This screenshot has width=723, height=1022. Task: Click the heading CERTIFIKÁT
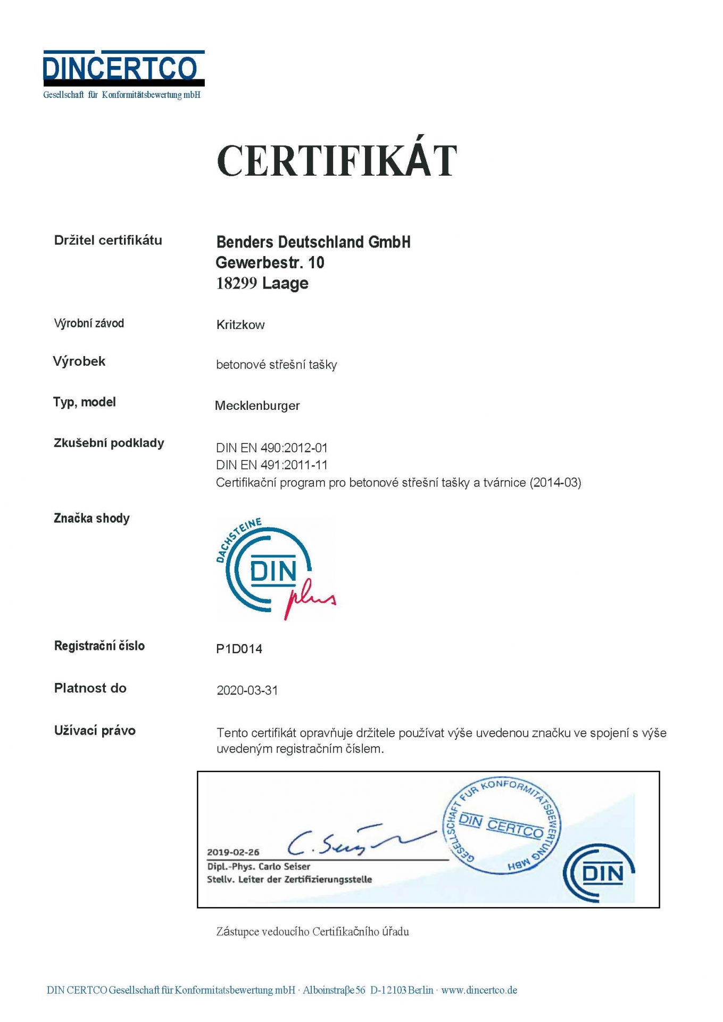[x=337, y=160]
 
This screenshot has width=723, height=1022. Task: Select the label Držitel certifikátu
[x=108, y=241]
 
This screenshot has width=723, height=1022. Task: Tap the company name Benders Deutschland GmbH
[x=313, y=242]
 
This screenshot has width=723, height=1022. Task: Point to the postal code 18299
[x=236, y=283]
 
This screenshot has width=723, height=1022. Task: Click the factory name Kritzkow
[x=240, y=325]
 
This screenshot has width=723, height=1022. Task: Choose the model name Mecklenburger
[x=257, y=406]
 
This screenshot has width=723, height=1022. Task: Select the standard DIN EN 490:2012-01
[x=272, y=448]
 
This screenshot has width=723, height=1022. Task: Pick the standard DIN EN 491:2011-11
[x=272, y=465]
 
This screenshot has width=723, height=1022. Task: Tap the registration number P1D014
[x=239, y=649]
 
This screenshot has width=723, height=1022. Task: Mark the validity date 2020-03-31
[x=247, y=690]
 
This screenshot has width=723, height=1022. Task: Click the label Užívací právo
[x=95, y=731]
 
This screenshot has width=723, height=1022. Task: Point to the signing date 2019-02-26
[x=233, y=852]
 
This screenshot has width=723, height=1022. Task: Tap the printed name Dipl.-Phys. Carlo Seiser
[x=259, y=867]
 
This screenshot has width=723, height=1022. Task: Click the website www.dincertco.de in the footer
[x=479, y=990]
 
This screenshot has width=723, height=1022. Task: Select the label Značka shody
[x=92, y=518]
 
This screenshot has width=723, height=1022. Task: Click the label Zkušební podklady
[x=109, y=443]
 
